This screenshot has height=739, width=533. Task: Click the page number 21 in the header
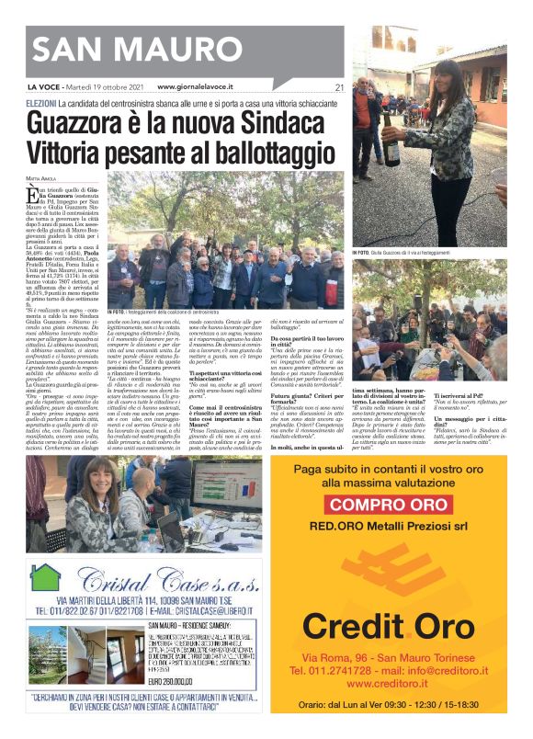(x=338, y=87)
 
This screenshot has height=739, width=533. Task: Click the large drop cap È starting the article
(x=33, y=195)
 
